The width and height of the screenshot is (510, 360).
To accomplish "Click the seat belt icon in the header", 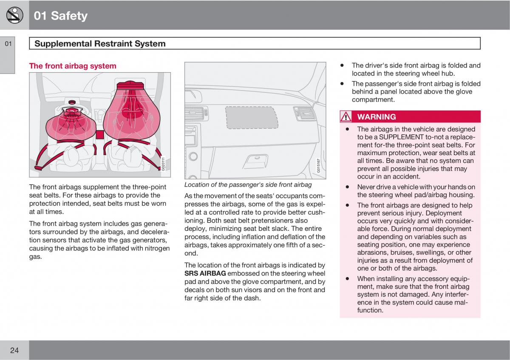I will [x=14, y=15].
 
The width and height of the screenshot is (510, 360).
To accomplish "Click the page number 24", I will [x=14, y=350].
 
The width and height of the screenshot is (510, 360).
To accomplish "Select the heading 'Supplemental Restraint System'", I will [x=100, y=43].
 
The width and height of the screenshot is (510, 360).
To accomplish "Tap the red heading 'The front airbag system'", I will [x=72, y=66].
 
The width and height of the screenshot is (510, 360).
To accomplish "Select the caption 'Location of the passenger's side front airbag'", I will [x=248, y=184].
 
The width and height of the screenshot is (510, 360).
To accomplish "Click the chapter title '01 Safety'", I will [x=60, y=16].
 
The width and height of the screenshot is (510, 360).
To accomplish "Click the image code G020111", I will [x=163, y=164].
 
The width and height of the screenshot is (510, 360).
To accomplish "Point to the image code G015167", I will [x=318, y=165].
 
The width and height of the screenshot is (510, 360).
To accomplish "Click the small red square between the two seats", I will [x=100, y=135].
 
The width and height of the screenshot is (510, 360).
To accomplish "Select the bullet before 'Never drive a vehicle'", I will [x=347, y=187].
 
